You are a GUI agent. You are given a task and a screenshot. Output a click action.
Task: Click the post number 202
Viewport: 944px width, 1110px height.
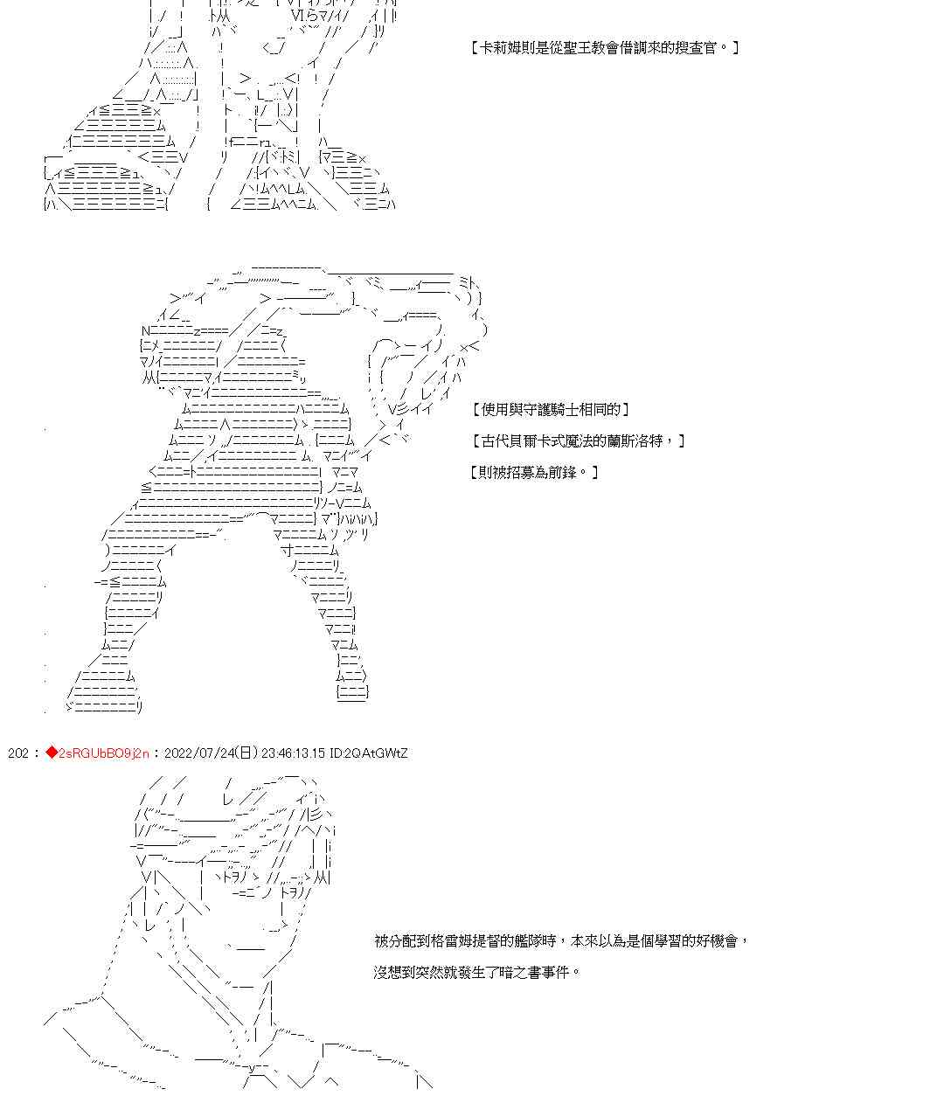17,753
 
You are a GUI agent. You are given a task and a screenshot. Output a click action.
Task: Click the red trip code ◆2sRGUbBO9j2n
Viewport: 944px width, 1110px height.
99,753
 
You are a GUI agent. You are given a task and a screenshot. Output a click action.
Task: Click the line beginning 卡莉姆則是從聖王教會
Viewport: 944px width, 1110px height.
604,48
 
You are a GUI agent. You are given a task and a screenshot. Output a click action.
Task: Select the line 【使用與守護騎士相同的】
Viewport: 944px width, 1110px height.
549,409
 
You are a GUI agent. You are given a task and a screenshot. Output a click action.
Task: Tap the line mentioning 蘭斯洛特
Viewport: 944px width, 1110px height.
577,441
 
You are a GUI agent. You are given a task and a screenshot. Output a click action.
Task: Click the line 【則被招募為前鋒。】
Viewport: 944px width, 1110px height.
533,472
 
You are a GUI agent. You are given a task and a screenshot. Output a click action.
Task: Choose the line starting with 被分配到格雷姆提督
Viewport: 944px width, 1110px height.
560,940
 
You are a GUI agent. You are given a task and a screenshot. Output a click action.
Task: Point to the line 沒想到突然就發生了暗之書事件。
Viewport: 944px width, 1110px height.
476,972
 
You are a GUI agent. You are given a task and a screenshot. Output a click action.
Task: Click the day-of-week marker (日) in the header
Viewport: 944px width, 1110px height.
247,753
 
